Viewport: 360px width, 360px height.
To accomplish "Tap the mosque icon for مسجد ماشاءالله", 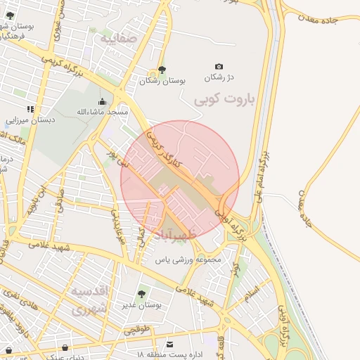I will [103, 101].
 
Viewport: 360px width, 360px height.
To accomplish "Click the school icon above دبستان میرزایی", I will [30, 109].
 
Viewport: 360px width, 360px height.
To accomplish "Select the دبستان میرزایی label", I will [30, 120].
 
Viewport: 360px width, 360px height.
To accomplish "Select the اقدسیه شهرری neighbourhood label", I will [91, 299].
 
